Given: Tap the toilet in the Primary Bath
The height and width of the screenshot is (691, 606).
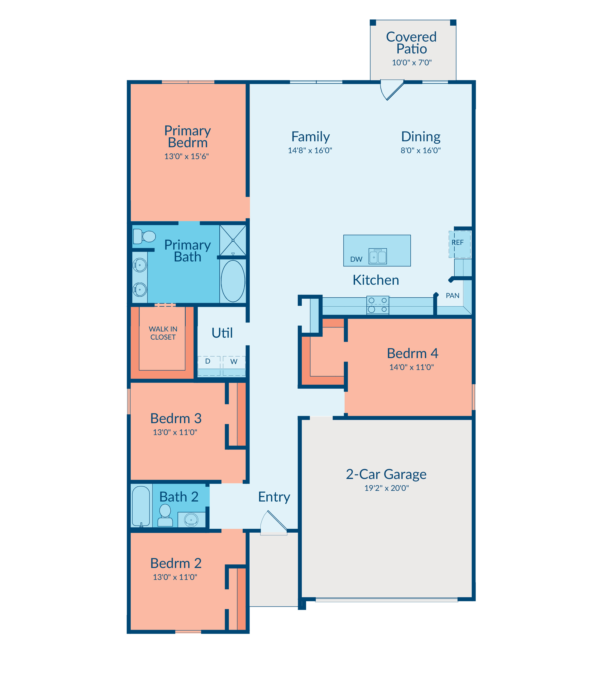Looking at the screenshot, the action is pyautogui.click(x=144, y=236).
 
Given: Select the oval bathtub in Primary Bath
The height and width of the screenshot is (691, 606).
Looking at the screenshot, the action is pyautogui.click(x=233, y=281).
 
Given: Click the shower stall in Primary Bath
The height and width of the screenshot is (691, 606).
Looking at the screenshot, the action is pyautogui.click(x=233, y=240).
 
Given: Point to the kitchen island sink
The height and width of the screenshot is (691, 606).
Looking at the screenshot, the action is pyautogui.click(x=377, y=256).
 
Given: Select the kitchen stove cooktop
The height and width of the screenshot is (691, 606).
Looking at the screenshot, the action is pyautogui.click(x=377, y=305).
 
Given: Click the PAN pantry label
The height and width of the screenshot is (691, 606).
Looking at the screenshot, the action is pyautogui.click(x=452, y=296).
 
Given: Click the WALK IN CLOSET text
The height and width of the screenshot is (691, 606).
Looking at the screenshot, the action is pyautogui.click(x=163, y=333).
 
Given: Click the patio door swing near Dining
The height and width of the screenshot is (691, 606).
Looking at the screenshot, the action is pyautogui.click(x=392, y=90).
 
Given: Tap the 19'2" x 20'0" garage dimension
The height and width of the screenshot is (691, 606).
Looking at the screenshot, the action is pyautogui.click(x=386, y=488).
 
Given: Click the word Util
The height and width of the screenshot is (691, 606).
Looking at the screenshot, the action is pyautogui.click(x=222, y=333).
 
